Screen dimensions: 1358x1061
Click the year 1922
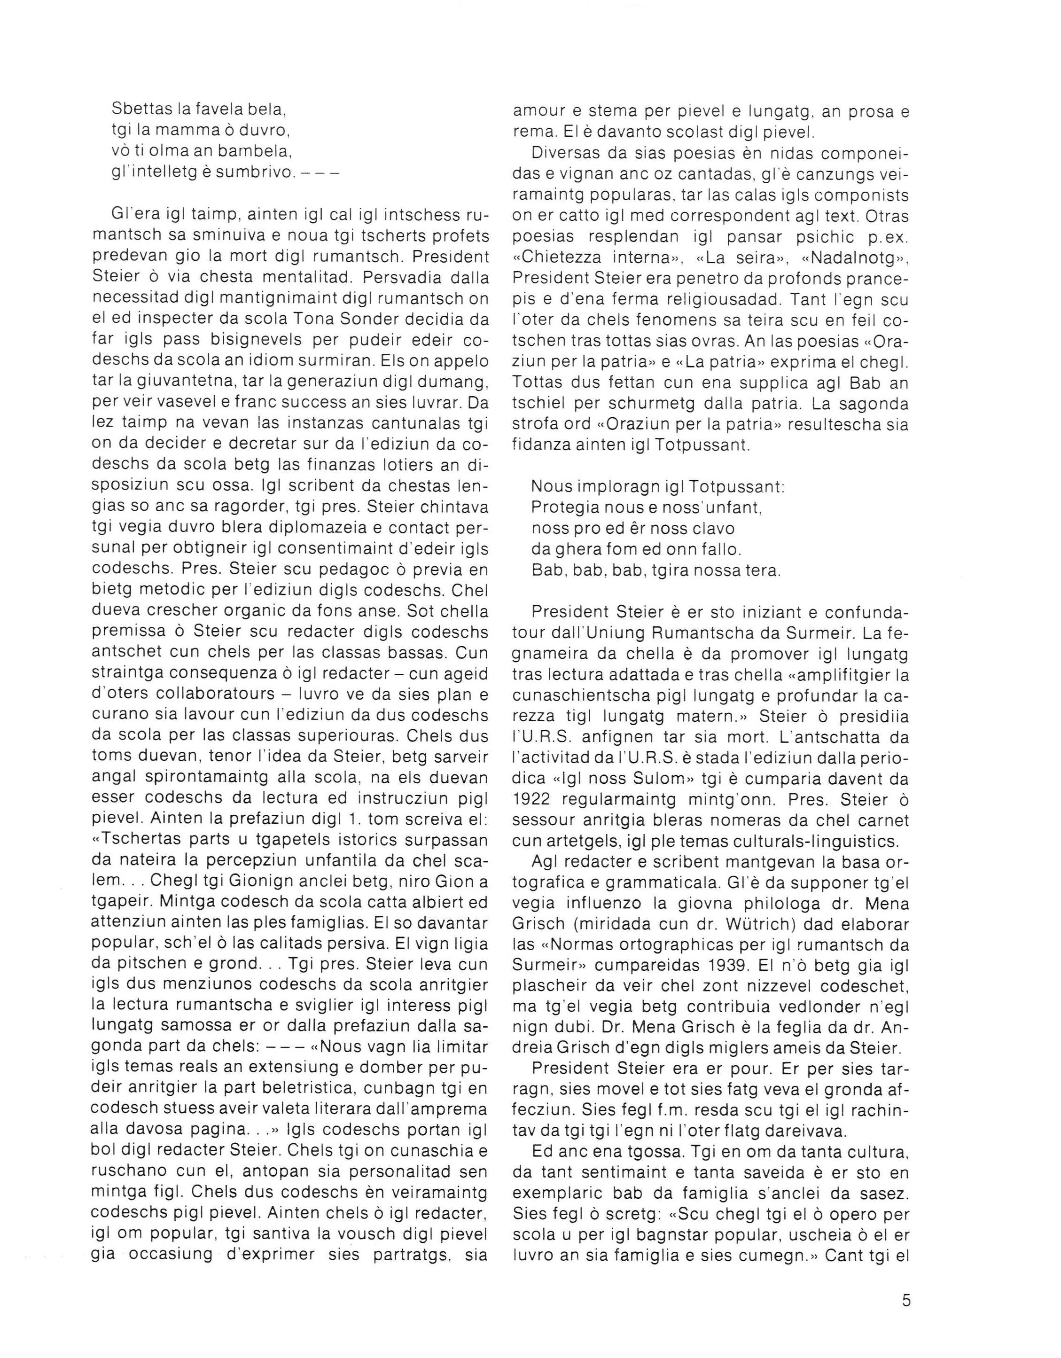tap(535, 799)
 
